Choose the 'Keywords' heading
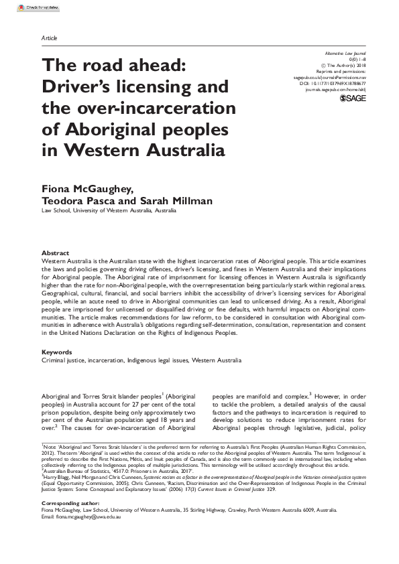(56, 351)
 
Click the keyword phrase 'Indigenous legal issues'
(156, 360)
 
